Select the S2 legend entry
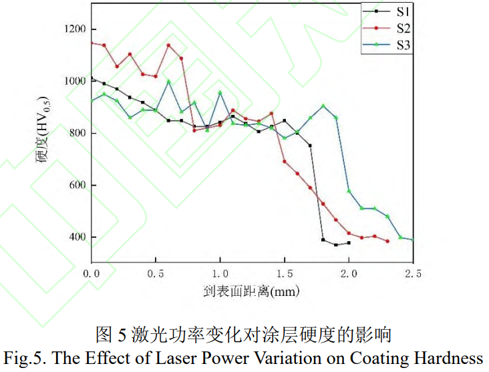388,28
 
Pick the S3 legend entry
388,45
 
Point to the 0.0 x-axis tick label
92,273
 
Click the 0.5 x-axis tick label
156,273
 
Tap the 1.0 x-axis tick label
220,273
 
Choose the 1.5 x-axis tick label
285,273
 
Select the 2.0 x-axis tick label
349,273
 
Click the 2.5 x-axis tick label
413,273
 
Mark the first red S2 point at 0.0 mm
92,43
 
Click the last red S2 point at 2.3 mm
387,241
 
